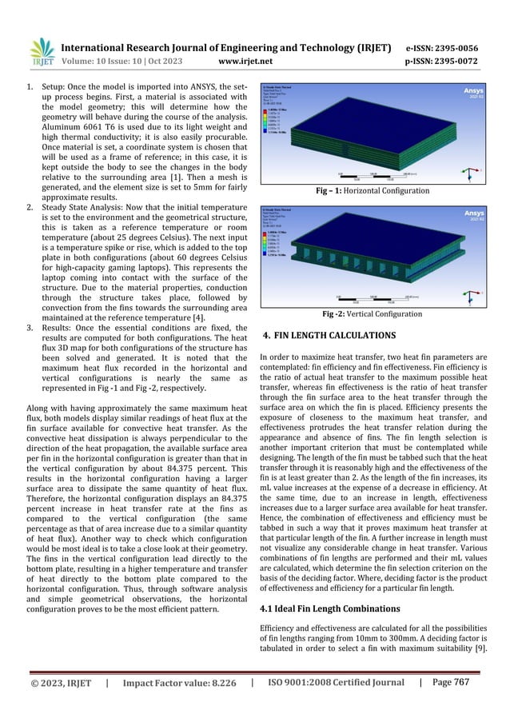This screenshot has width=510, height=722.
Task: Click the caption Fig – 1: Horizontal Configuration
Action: click(373, 191)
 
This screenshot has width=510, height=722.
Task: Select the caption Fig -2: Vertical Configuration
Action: click(373, 314)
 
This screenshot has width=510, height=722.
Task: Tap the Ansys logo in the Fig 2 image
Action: click(465, 216)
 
